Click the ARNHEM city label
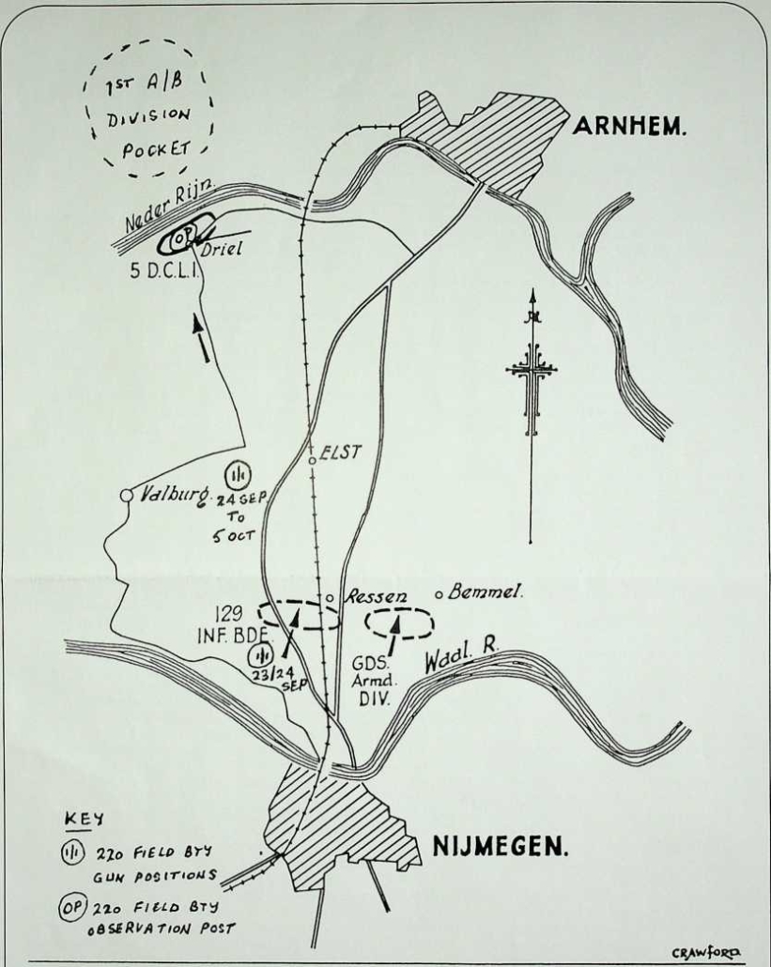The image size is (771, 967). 629,126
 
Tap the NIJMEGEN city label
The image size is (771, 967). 500,846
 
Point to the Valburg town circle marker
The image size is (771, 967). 127,495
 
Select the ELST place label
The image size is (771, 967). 341,452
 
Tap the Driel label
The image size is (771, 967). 221,249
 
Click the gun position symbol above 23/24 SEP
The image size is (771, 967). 260,655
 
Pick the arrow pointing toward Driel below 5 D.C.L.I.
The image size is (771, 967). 201,338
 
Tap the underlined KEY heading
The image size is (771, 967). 85,821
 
